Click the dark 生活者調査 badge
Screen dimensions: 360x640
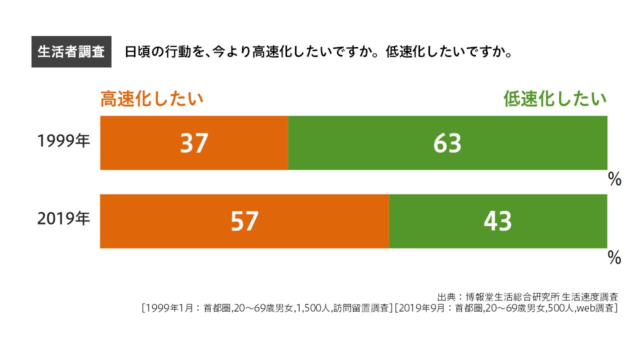click(x=71, y=52)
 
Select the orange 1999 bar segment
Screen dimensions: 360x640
click(x=150, y=143)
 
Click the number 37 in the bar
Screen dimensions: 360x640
click(x=194, y=143)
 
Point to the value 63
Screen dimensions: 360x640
click(x=447, y=143)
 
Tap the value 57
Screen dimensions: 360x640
click(x=244, y=221)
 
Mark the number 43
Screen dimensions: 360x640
click(x=498, y=221)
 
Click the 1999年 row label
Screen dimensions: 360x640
click(x=63, y=141)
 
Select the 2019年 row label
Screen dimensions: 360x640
click(x=63, y=219)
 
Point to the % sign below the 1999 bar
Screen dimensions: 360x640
click(x=614, y=179)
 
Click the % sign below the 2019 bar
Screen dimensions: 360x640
click(x=614, y=258)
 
